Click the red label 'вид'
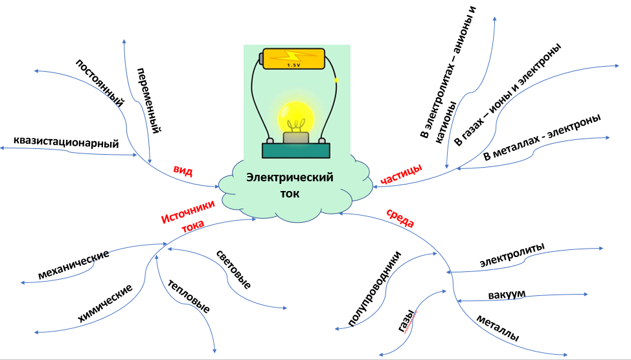[x=183, y=170]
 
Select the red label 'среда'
[x=400, y=218]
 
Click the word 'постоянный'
[x=99, y=83]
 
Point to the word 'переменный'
[x=149, y=100]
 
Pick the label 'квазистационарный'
[x=66, y=142]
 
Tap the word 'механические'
[x=74, y=264]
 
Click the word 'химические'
[x=105, y=303]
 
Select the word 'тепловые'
[x=189, y=296]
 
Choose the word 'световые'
[x=234, y=269]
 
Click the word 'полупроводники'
[x=374, y=288]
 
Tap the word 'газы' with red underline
[x=406, y=321]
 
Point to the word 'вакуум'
[x=507, y=295]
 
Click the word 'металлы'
[x=498, y=328]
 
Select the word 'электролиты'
[x=512, y=254]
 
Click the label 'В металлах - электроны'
[x=542, y=137]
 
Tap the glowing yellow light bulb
[x=295, y=117]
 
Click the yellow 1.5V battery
[x=293, y=59]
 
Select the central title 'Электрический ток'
[x=290, y=185]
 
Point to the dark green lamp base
[x=296, y=150]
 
